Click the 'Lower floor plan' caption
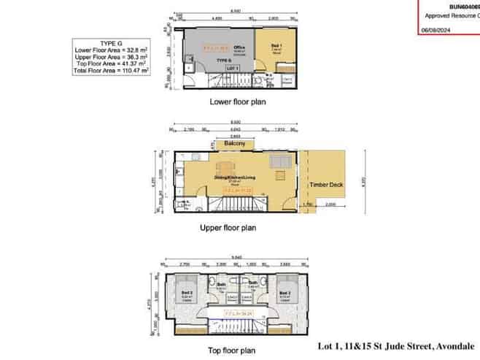pos(238,102)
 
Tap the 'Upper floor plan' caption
pos(228,228)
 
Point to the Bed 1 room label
pos(276,47)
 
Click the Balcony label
pos(235,145)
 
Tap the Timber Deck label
pos(327,185)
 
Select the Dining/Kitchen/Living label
pos(234,177)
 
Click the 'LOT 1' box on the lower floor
pos(233,67)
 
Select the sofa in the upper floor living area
pos(279,161)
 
